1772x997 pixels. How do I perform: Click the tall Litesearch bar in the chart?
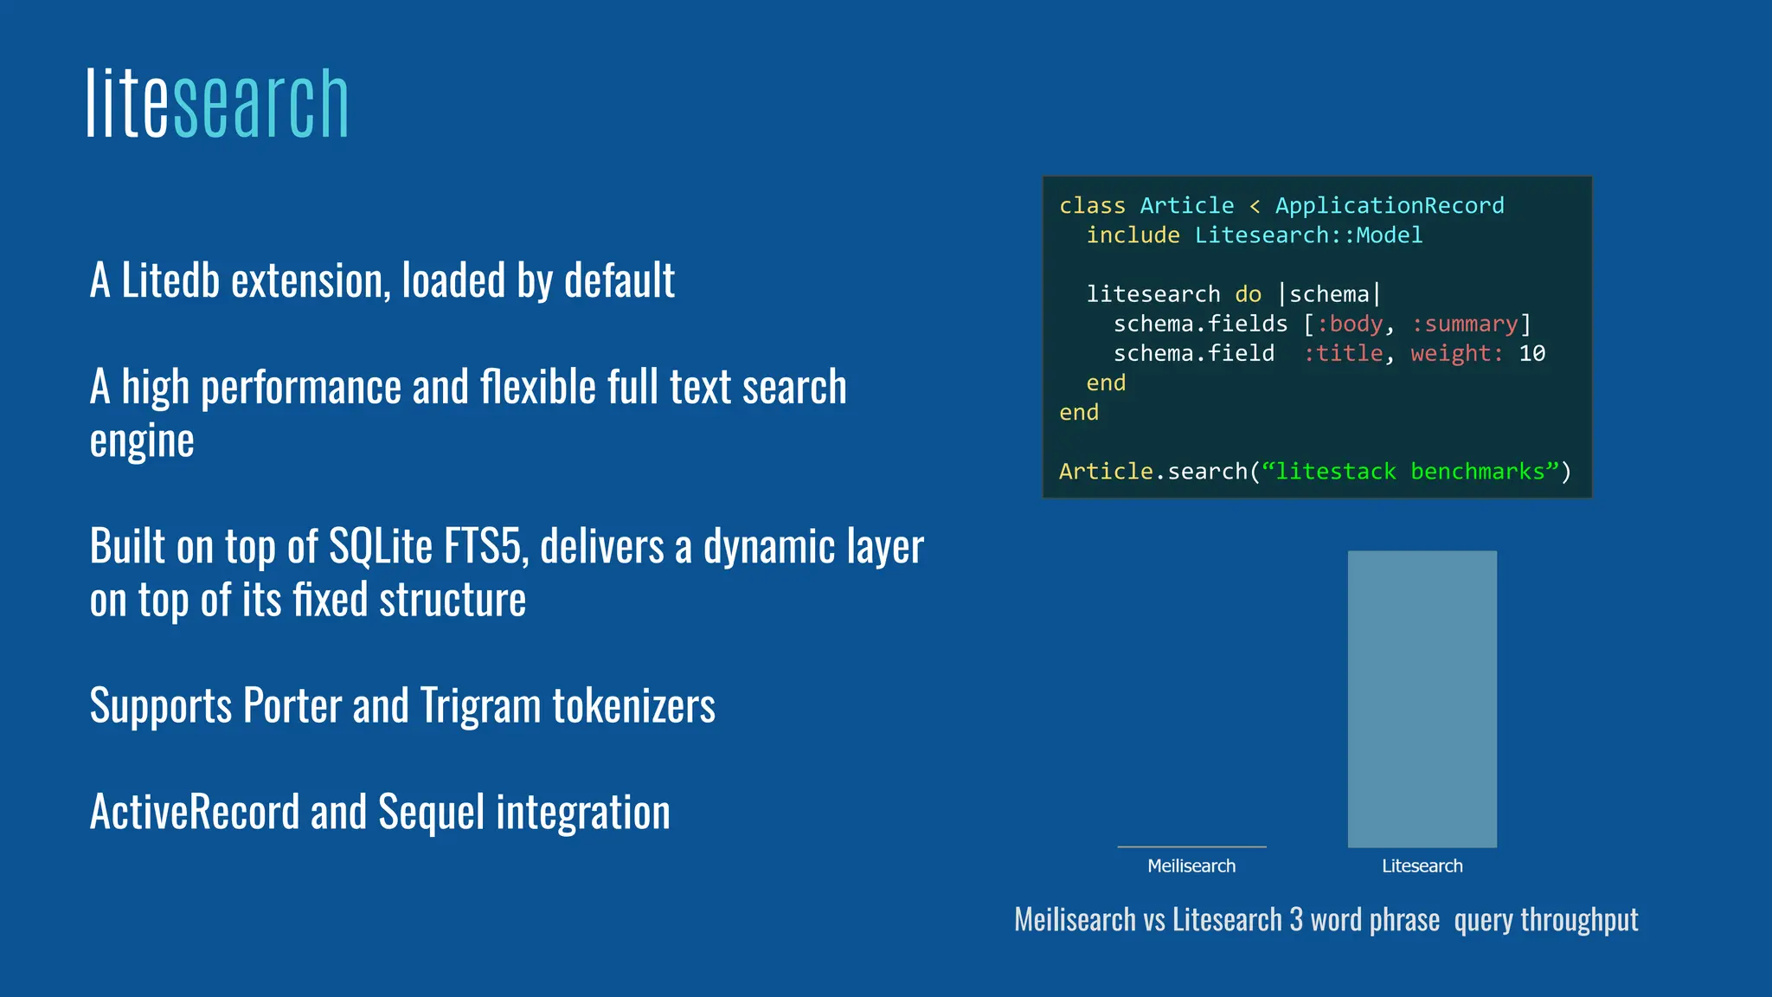pyautogui.click(x=1422, y=699)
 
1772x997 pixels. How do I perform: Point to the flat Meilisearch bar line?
pyautogui.click(x=1191, y=846)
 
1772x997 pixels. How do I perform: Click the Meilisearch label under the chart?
pyautogui.click(x=1191, y=866)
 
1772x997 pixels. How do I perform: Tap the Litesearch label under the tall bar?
pyautogui.click(x=1422, y=866)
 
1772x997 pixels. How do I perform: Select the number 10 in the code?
pyautogui.click(x=1531, y=354)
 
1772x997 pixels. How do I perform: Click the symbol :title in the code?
pyautogui.click(x=1343, y=354)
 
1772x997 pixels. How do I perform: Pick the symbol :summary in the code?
pyautogui.click(x=1464, y=325)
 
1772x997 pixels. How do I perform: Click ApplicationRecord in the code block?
pyautogui.click(x=1389, y=206)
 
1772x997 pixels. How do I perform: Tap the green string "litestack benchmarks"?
pyautogui.click(x=1410, y=472)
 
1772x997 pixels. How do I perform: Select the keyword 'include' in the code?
pyautogui.click(x=1133, y=235)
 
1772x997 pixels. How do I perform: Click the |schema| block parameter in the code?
pyautogui.click(x=1329, y=294)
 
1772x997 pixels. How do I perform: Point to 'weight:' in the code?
pyautogui.click(x=1456, y=354)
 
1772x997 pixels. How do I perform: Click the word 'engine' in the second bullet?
pyautogui.click(x=142, y=441)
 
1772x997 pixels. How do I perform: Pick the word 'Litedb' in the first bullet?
pyautogui.click(x=170, y=281)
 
